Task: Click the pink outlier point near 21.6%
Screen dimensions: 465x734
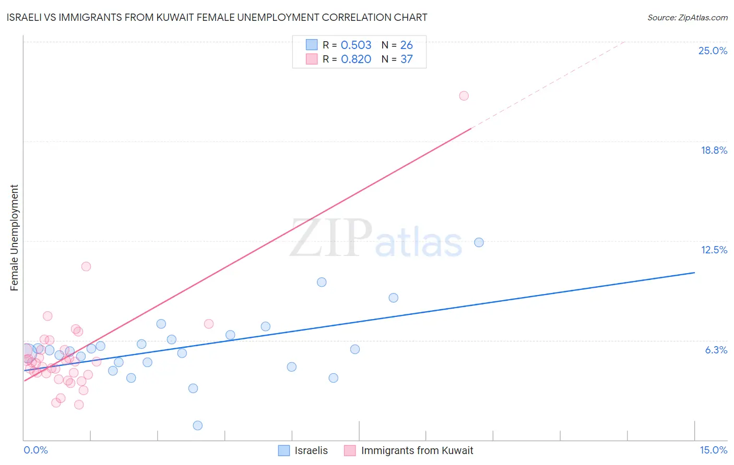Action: [x=464, y=96]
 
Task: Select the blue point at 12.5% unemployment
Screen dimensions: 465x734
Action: [x=479, y=242]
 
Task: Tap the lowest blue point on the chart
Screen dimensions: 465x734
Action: [x=197, y=425]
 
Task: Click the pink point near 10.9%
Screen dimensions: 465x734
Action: [x=86, y=266]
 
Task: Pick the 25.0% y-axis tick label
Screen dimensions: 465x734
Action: [x=713, y=51]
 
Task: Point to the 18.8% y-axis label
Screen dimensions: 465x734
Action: [x=714, y=150]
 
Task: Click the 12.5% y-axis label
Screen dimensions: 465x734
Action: [x=714, y=250]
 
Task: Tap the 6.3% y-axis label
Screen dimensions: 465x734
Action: [x=716, y=350]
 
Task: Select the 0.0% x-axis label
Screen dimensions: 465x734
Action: [x=35, y=450]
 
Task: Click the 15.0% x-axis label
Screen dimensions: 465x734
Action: [x=713, y=450]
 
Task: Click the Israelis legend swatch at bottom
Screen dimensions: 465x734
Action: [x=284, y=450]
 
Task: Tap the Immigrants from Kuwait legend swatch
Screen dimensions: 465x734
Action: [x=350, y=450]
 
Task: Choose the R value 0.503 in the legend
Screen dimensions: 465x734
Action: [x=356, y=45]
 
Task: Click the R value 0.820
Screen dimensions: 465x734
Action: [x=356, y=59]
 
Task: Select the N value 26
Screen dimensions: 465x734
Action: [x=406, y=45]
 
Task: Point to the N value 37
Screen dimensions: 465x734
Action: [x=406, y=59]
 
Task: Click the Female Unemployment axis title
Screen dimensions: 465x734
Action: [x=14, y=238]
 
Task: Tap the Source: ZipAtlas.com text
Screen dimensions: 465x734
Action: [x=687, y=18]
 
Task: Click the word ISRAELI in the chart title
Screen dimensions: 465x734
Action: [x=26, y=18]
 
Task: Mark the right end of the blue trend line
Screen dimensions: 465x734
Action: [x=694, y=273]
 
